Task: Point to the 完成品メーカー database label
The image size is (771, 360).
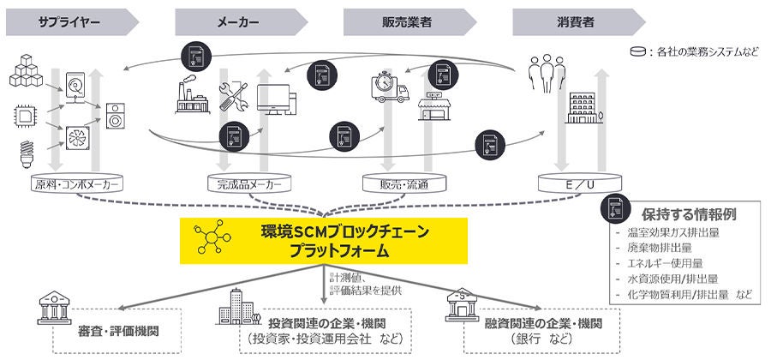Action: (x=243, y=184)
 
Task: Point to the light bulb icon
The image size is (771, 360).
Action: (x=25, y=155)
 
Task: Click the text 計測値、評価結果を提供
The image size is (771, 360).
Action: (x=356, y=283)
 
